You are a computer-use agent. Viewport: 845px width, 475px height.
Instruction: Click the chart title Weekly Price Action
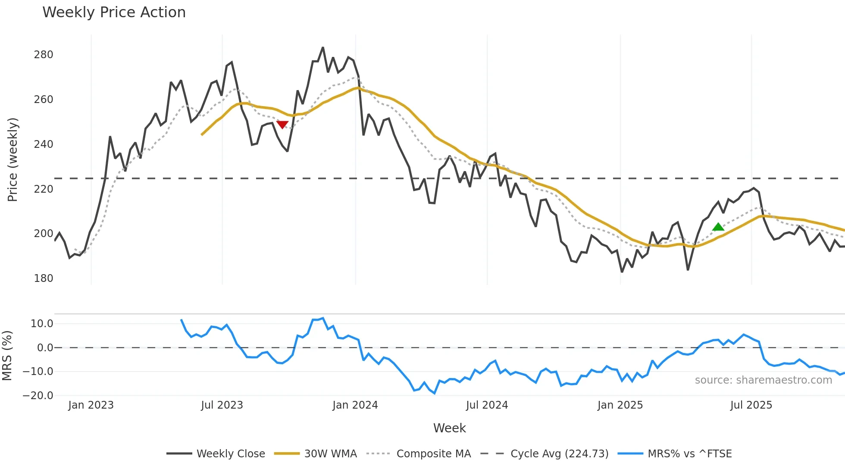tap(114, 12)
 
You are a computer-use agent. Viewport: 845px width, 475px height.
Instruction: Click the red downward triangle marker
tap(282, 125)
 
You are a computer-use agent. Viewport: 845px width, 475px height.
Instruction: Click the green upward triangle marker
tap(718, 227)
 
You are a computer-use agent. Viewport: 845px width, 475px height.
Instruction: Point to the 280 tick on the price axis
tap(44, 55)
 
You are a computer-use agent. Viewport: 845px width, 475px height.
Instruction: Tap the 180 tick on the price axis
tap(44, 278)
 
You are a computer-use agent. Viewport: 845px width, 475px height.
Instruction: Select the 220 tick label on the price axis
tap(44, 189)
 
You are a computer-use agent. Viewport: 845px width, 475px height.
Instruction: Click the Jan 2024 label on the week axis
tap(355, 405)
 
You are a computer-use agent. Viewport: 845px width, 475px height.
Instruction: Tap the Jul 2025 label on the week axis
tap(751, 405)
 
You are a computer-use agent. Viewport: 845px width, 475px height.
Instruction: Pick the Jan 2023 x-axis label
tap(91, 405)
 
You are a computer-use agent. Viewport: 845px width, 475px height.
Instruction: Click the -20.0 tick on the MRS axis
tap(38, 395)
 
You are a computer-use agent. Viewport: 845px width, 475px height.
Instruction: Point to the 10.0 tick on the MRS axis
tap(42, 324)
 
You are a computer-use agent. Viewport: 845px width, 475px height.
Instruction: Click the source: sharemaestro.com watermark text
tap(763, 380)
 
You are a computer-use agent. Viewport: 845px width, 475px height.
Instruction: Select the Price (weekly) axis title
tap(13, 159)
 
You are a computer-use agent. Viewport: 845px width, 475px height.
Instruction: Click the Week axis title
tap(449, 428)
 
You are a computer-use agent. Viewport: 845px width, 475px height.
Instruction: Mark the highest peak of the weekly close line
tap(323, 48)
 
